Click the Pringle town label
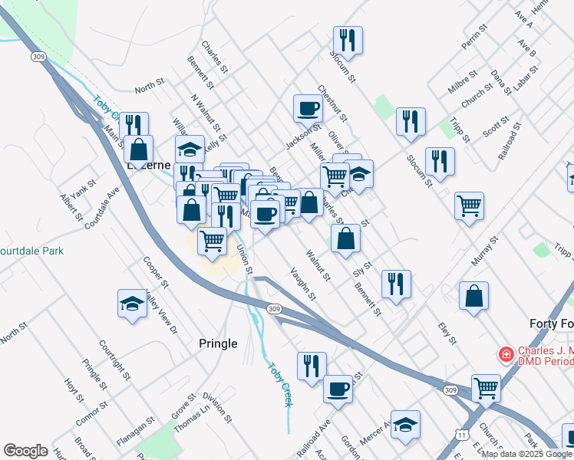pos(218,343)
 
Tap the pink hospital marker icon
pos(506,354)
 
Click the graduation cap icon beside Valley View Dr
pos(132,304)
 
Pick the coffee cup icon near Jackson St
pos(308,108)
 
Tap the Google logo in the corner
pos(25,451)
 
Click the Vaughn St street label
pos(303,283)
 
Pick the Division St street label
pos(217,408)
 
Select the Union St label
pos(244,259)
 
